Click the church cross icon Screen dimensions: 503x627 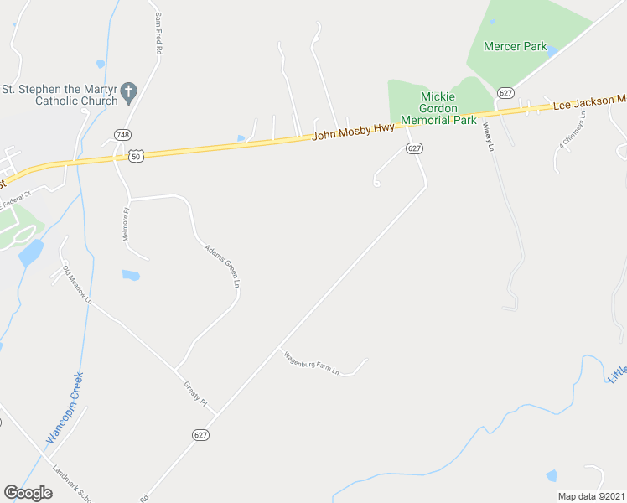128,92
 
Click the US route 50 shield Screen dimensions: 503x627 136,156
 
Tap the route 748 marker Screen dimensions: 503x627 122,135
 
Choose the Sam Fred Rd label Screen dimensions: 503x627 158,34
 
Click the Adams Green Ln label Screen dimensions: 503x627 222,267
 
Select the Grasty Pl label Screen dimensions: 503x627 195,392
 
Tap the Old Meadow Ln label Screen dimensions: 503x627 77,284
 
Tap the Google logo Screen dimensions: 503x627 28,493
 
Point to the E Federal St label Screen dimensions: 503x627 16,202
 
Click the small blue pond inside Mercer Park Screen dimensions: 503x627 552,51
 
